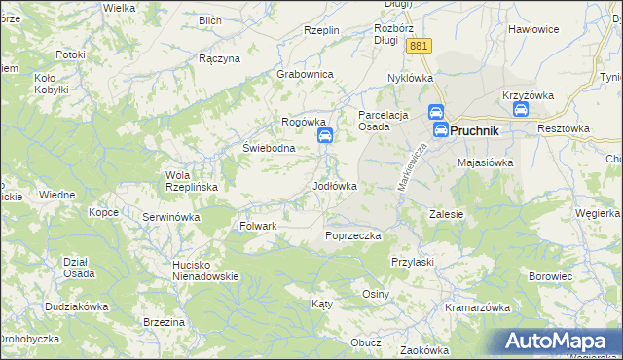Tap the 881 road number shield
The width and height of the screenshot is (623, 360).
click(420, 46)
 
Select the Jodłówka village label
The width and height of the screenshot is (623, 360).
click(334, 185)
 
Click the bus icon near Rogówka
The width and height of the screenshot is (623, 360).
click(326, 136)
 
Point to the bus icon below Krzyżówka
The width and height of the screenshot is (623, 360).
click(521, 111)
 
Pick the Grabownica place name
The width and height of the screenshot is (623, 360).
click(306, 74)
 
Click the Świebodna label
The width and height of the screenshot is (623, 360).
click(268, 149)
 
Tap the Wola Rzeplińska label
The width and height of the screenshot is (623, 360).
click(184, 181)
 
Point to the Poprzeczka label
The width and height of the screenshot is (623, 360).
click(352, 235)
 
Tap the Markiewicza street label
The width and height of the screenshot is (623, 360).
click(413, 165)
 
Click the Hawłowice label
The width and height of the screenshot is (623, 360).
click(532, 29)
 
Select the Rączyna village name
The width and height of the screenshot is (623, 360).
click(218, 58)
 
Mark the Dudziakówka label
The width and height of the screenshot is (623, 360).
click(76, 306)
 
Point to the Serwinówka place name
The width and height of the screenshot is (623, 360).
click(170, 217)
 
